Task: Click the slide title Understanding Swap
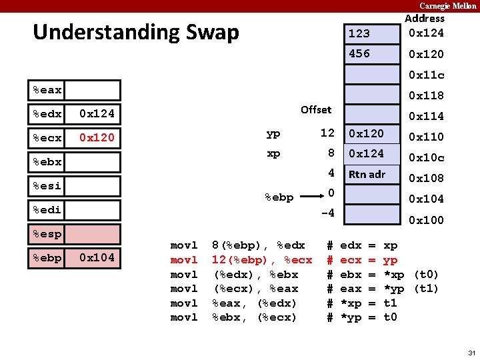pos(135,32)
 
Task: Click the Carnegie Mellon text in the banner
pos(447,5)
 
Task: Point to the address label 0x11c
pos(426,75)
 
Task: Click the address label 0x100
pos(426,220)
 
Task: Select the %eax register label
pos(47,90)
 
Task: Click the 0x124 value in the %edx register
pos(97,113)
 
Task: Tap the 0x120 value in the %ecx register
pos(97,138)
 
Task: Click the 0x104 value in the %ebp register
pos(97,257)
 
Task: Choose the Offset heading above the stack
pos(315,109)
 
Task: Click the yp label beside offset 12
pos(273,134)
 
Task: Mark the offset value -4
pos(327,213)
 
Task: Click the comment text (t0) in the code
pos(426,275)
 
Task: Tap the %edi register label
pos(47,210)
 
